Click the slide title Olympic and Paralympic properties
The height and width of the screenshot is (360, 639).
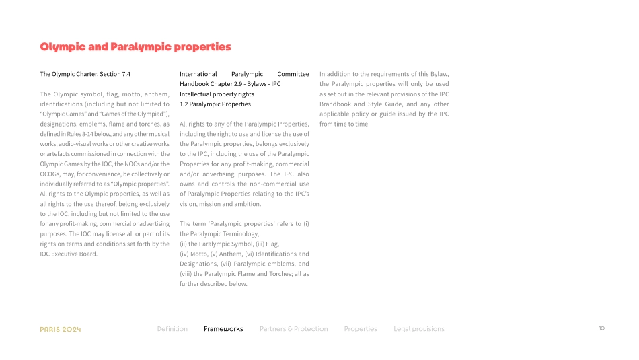click(x=135, y=47)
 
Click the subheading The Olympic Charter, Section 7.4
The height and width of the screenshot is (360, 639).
click(x=85, y=74)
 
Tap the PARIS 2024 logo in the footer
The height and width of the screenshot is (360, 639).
click(x=61, y=329)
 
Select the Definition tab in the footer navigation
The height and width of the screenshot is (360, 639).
click(x=172, y=329)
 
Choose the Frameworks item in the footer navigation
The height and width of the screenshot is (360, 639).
click(x=223, y=329)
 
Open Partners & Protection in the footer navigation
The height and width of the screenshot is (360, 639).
click(x=293, y=329)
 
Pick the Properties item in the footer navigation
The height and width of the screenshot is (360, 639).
click(x=361, y=329)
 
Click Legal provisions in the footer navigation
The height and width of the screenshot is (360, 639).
click(x=419, y=329)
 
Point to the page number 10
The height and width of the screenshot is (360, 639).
click(x=601, y=328)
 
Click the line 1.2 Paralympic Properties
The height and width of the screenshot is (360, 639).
click(x=215, y=104)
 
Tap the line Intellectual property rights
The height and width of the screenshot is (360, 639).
click(x=217, y=94)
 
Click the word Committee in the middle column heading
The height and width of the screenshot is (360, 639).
click(x=293, y=74)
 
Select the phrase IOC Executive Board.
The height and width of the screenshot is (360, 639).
click(x=69, y=254)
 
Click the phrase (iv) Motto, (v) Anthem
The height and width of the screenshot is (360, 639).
click(x=213, y=254)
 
